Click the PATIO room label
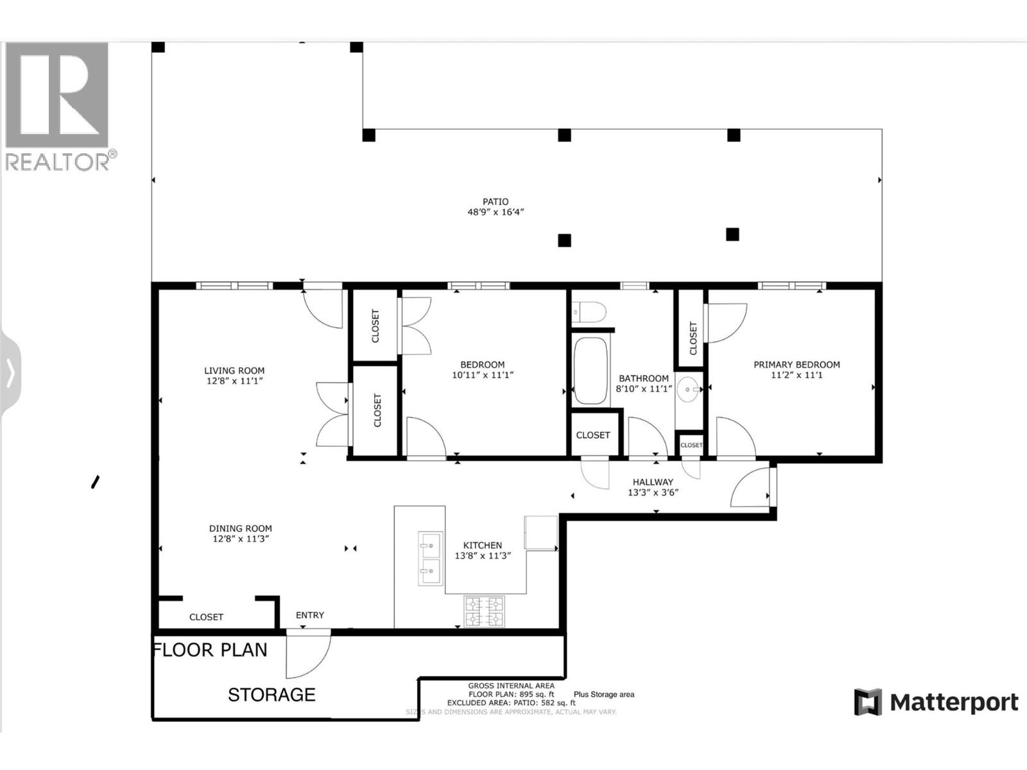496,201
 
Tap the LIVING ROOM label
234,370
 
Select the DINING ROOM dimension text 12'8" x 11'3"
241,539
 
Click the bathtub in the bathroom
591,371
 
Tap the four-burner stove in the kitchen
484,612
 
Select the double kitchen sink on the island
430,558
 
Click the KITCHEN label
483,545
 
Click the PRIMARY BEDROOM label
797,364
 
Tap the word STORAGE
272,695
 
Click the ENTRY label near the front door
310,615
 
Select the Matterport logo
936,703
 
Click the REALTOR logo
58,106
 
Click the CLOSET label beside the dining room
206,617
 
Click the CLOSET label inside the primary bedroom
693,338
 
